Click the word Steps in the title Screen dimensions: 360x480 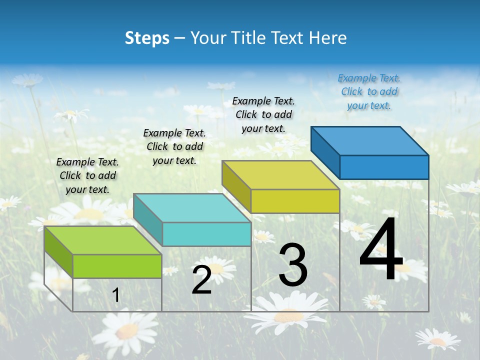tap(147, 38)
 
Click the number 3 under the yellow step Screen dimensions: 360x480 tap(293, 265)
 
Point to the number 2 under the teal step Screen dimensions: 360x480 tap(201, 280)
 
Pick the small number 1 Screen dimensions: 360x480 tap(116, 295)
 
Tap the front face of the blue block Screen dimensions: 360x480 tap(384, 167)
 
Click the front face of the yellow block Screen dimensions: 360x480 tap(295, 201)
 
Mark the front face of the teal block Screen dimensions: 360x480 tap(206, 234)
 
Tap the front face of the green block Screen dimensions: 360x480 tap(117, 266)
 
